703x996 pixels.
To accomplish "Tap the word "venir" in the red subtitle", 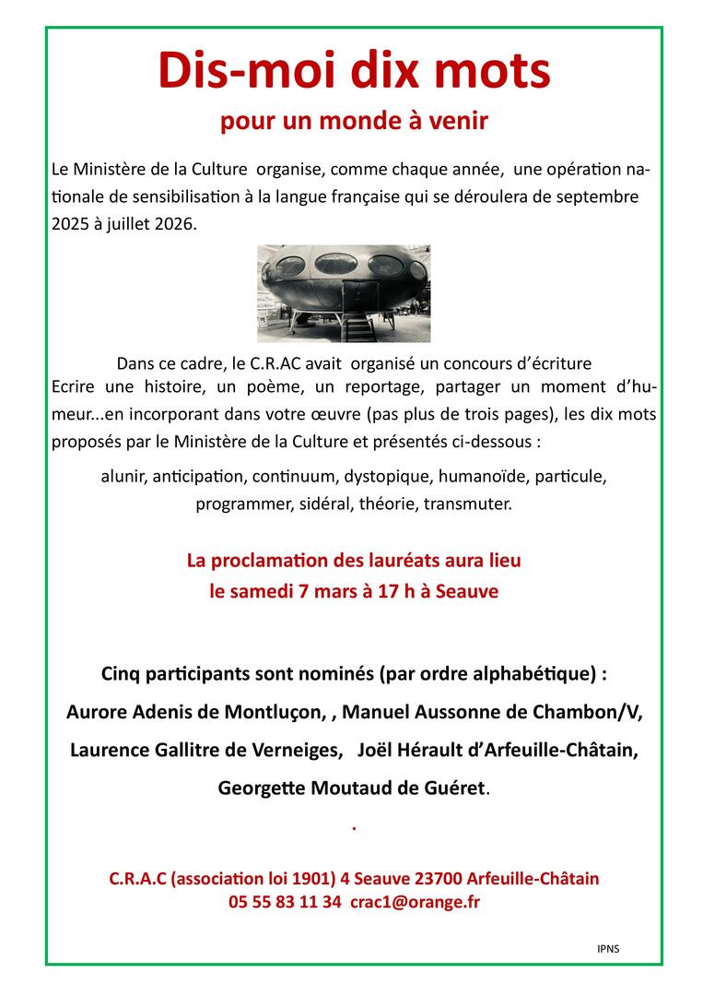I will (463, 122).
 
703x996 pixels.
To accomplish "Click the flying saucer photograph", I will (344, 293).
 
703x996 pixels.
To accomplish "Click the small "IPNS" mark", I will (608, 947).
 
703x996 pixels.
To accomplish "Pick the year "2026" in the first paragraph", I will (175, 224).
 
